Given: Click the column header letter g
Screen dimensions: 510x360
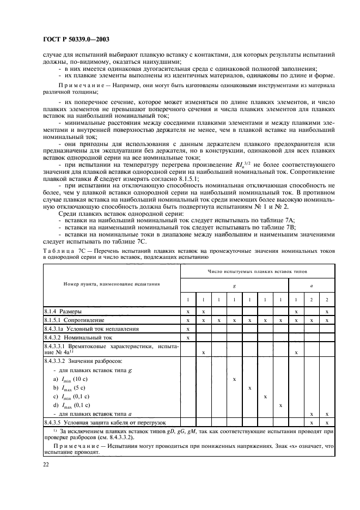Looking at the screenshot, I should [234, 284].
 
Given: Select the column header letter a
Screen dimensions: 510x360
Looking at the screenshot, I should [311, 284].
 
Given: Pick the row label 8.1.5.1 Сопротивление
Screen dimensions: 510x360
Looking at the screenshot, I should [74, 320].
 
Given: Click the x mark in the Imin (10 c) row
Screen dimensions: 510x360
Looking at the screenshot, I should [234, 378].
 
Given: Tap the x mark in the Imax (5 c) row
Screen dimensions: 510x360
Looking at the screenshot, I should [249, 387].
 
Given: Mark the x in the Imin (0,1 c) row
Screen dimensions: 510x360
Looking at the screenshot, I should [265, 397].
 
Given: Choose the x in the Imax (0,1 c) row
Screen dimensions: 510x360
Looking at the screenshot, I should [280, 405].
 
